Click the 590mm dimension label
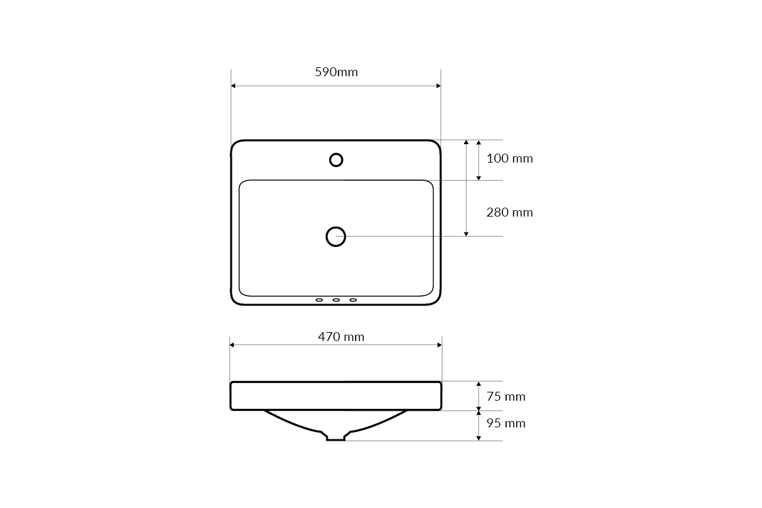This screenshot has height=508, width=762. pyautogui.click(x=336, y=72)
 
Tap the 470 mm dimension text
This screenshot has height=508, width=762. pyautogui.click(x=341, y=337)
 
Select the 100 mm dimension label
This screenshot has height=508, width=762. pyautogui.click(x=509, y=159)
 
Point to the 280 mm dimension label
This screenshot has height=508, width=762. pyautogui.click(x=509, y=213)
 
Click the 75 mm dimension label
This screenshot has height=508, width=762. pyautogui.click(x=506, y=397)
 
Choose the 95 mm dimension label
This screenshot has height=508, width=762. pyautogui.click(x=506, y=424)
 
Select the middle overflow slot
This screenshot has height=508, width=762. pyautogui.click(x=336, y=300)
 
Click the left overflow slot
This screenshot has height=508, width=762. pyautogui.click(x=319, y=300)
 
